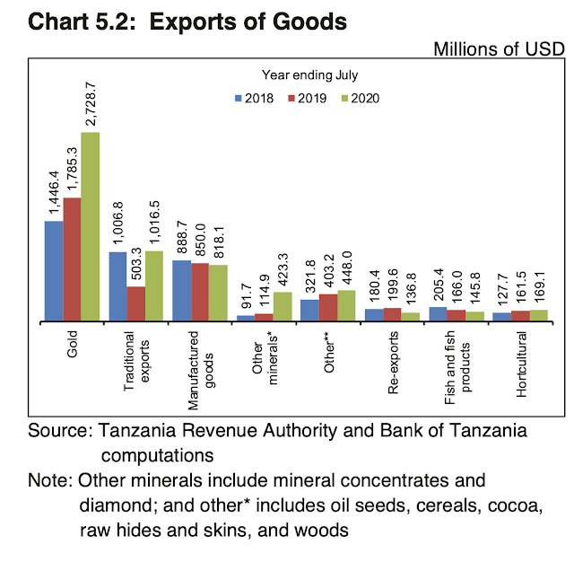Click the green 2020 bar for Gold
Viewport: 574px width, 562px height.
pyautogui.click(x=91, y=226)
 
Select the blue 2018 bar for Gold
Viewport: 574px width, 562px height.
pyautogui.click(x=54, y=270)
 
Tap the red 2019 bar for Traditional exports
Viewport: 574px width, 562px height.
pyautogui.click(x=135, y=303)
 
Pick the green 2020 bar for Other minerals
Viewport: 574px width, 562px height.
pyautogui.click(x=282, y=306)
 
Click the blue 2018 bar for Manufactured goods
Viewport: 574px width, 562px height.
pyautogui.click(x=181, y=290)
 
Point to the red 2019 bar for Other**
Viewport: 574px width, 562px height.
pyautogui.click(x=327, y=307)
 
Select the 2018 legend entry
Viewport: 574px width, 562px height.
pyautogui.click(x=255, y=99)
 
